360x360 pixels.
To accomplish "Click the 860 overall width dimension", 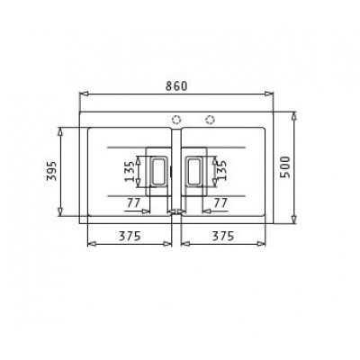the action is pyautogui.click(x=176, y=86).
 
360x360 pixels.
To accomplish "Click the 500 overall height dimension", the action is pyautogui.click(x=286, y=167).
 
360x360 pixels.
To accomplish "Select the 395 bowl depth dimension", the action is pyautogui.click(x=52, y=172).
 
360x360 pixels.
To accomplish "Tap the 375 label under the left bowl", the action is pyautogui.click(x=130, y=237).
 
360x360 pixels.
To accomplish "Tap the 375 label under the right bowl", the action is pyautogui.click(x=222, y=237).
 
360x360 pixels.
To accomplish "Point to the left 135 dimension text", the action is pyautogui.click(x=130, y=171).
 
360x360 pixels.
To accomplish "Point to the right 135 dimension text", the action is pyautogui.click(x=221, y=170).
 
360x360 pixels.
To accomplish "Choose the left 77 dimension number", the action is pyautogui.click(x=133, y=203).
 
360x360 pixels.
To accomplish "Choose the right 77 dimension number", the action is pyautogui.click(x=220, y=203).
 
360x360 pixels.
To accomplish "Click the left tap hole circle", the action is pyautogui.click(x=176, y=120).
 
